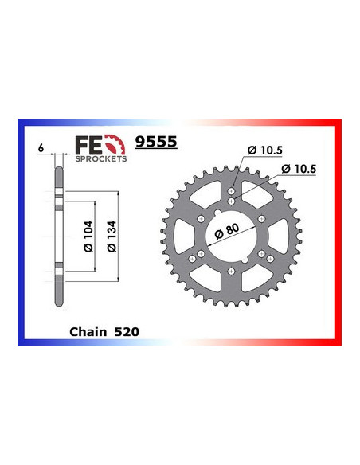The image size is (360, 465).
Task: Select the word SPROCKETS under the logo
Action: point(100,158)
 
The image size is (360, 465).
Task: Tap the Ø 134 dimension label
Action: point(112,236)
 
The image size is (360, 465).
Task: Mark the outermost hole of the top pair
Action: point(230,192)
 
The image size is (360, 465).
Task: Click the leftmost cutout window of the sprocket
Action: point(184,234)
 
